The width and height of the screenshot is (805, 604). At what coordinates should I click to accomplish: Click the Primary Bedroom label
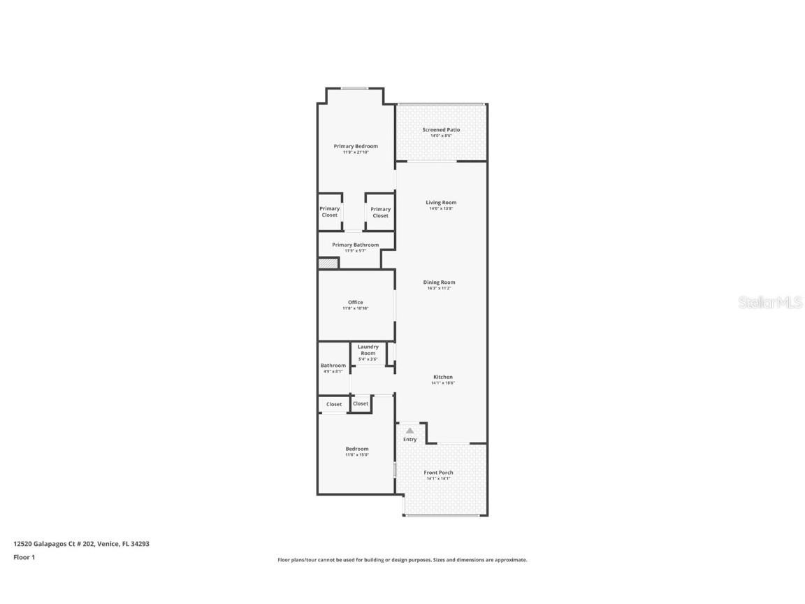click(x=356, y=146)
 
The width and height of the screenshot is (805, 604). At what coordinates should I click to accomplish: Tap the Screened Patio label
click(x=441, y=130)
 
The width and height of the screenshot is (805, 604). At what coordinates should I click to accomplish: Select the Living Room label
click(x=441, y=203)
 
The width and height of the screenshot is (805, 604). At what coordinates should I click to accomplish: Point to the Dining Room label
click(x=440, y=282)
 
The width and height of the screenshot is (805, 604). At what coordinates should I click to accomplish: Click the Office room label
click(x=356, y=303)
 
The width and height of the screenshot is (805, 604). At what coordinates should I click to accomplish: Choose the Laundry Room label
click(x=368, y=350)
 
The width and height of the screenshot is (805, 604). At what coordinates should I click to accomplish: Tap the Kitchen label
click(x=442, y=377)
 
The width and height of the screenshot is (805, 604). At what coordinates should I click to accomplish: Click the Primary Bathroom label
click(x=356, y=245)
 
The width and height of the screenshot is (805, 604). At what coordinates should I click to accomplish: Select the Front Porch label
click(x=438, y=473)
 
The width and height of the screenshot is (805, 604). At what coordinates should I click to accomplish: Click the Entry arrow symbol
click(x=409, y=431)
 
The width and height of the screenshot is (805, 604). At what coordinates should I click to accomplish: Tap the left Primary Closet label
click(x=330, y=211)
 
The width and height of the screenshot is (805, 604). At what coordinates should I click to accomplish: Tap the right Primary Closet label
click(x=381, y=212)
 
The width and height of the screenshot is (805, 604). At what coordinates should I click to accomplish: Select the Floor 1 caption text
click(x=24, y=557)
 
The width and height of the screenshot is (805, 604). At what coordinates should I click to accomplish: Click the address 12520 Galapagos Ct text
click(x=81, y=543)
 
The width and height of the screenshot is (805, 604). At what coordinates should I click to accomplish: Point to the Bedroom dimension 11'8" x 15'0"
click(x=356, y=455)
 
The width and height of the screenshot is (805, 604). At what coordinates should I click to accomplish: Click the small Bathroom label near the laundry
click(x=333, y=366)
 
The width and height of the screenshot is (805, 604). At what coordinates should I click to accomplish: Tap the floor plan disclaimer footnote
click(x=402, y=560)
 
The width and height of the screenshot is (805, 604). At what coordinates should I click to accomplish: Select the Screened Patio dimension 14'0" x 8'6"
click(x=441, y=136)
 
